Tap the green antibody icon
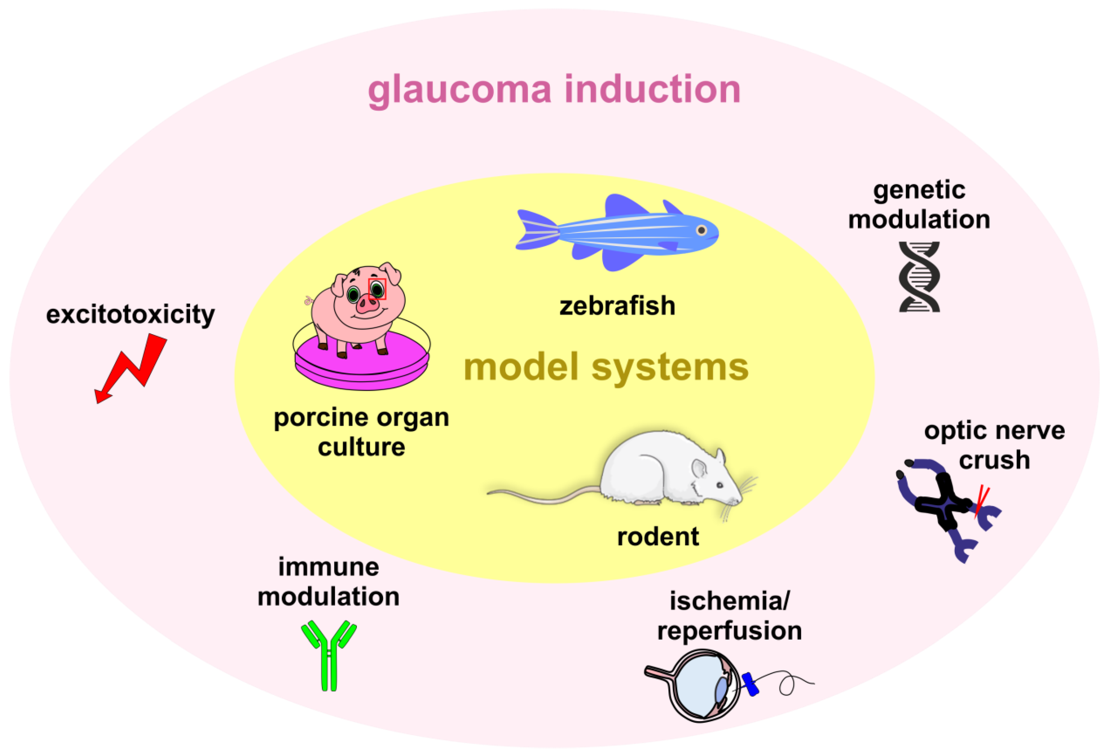(x=329, y=655)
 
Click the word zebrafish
(x=617, y=306)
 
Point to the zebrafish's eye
(x=701, y=231)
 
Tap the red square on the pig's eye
(x=377, y=289)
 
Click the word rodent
(x=658, y=537)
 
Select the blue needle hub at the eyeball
(x=750, y=684)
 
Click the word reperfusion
(x=729, y=631)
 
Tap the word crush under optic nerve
(x=994, y=460)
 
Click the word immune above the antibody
(x=329, y=567)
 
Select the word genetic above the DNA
(x=919, y=190)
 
